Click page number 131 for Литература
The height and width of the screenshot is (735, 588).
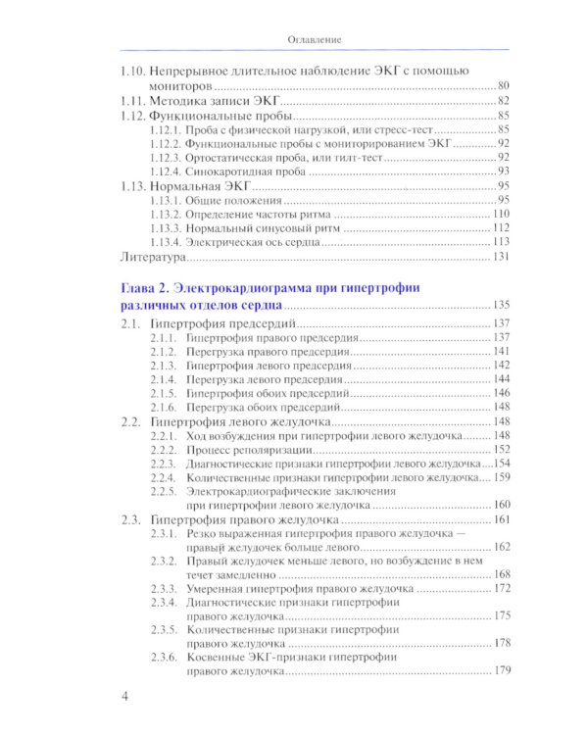click(x=501, y=258)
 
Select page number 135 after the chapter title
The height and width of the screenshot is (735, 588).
click(x=501, y=304)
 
